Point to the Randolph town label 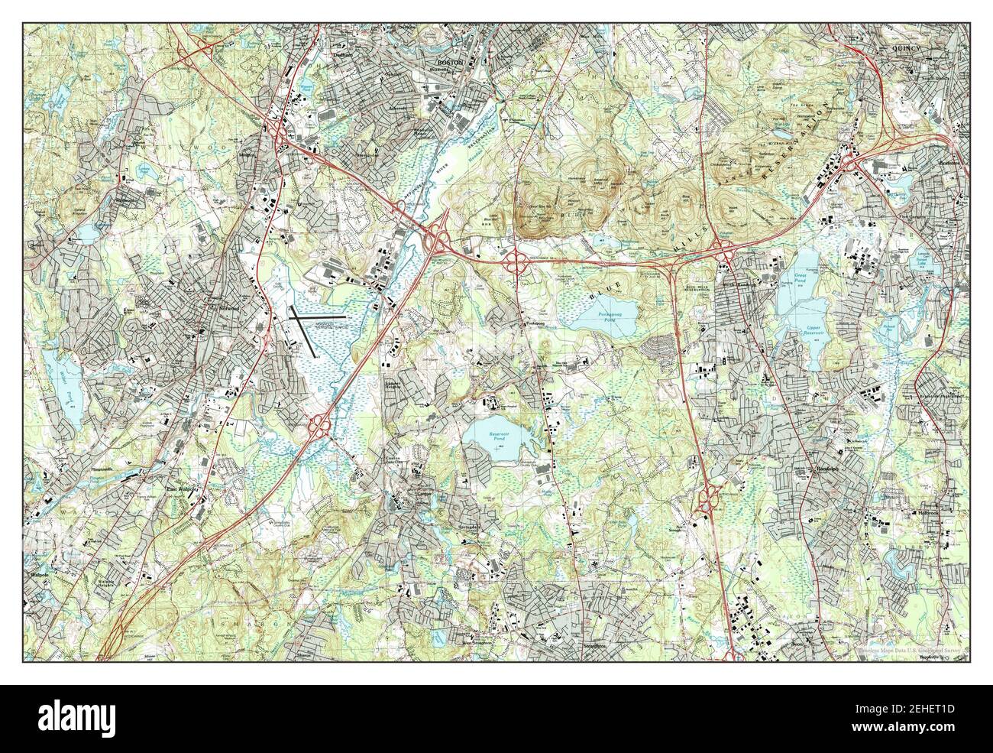[821, 465]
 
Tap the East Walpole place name [183, 490]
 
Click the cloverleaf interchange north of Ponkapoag [517, 261]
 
